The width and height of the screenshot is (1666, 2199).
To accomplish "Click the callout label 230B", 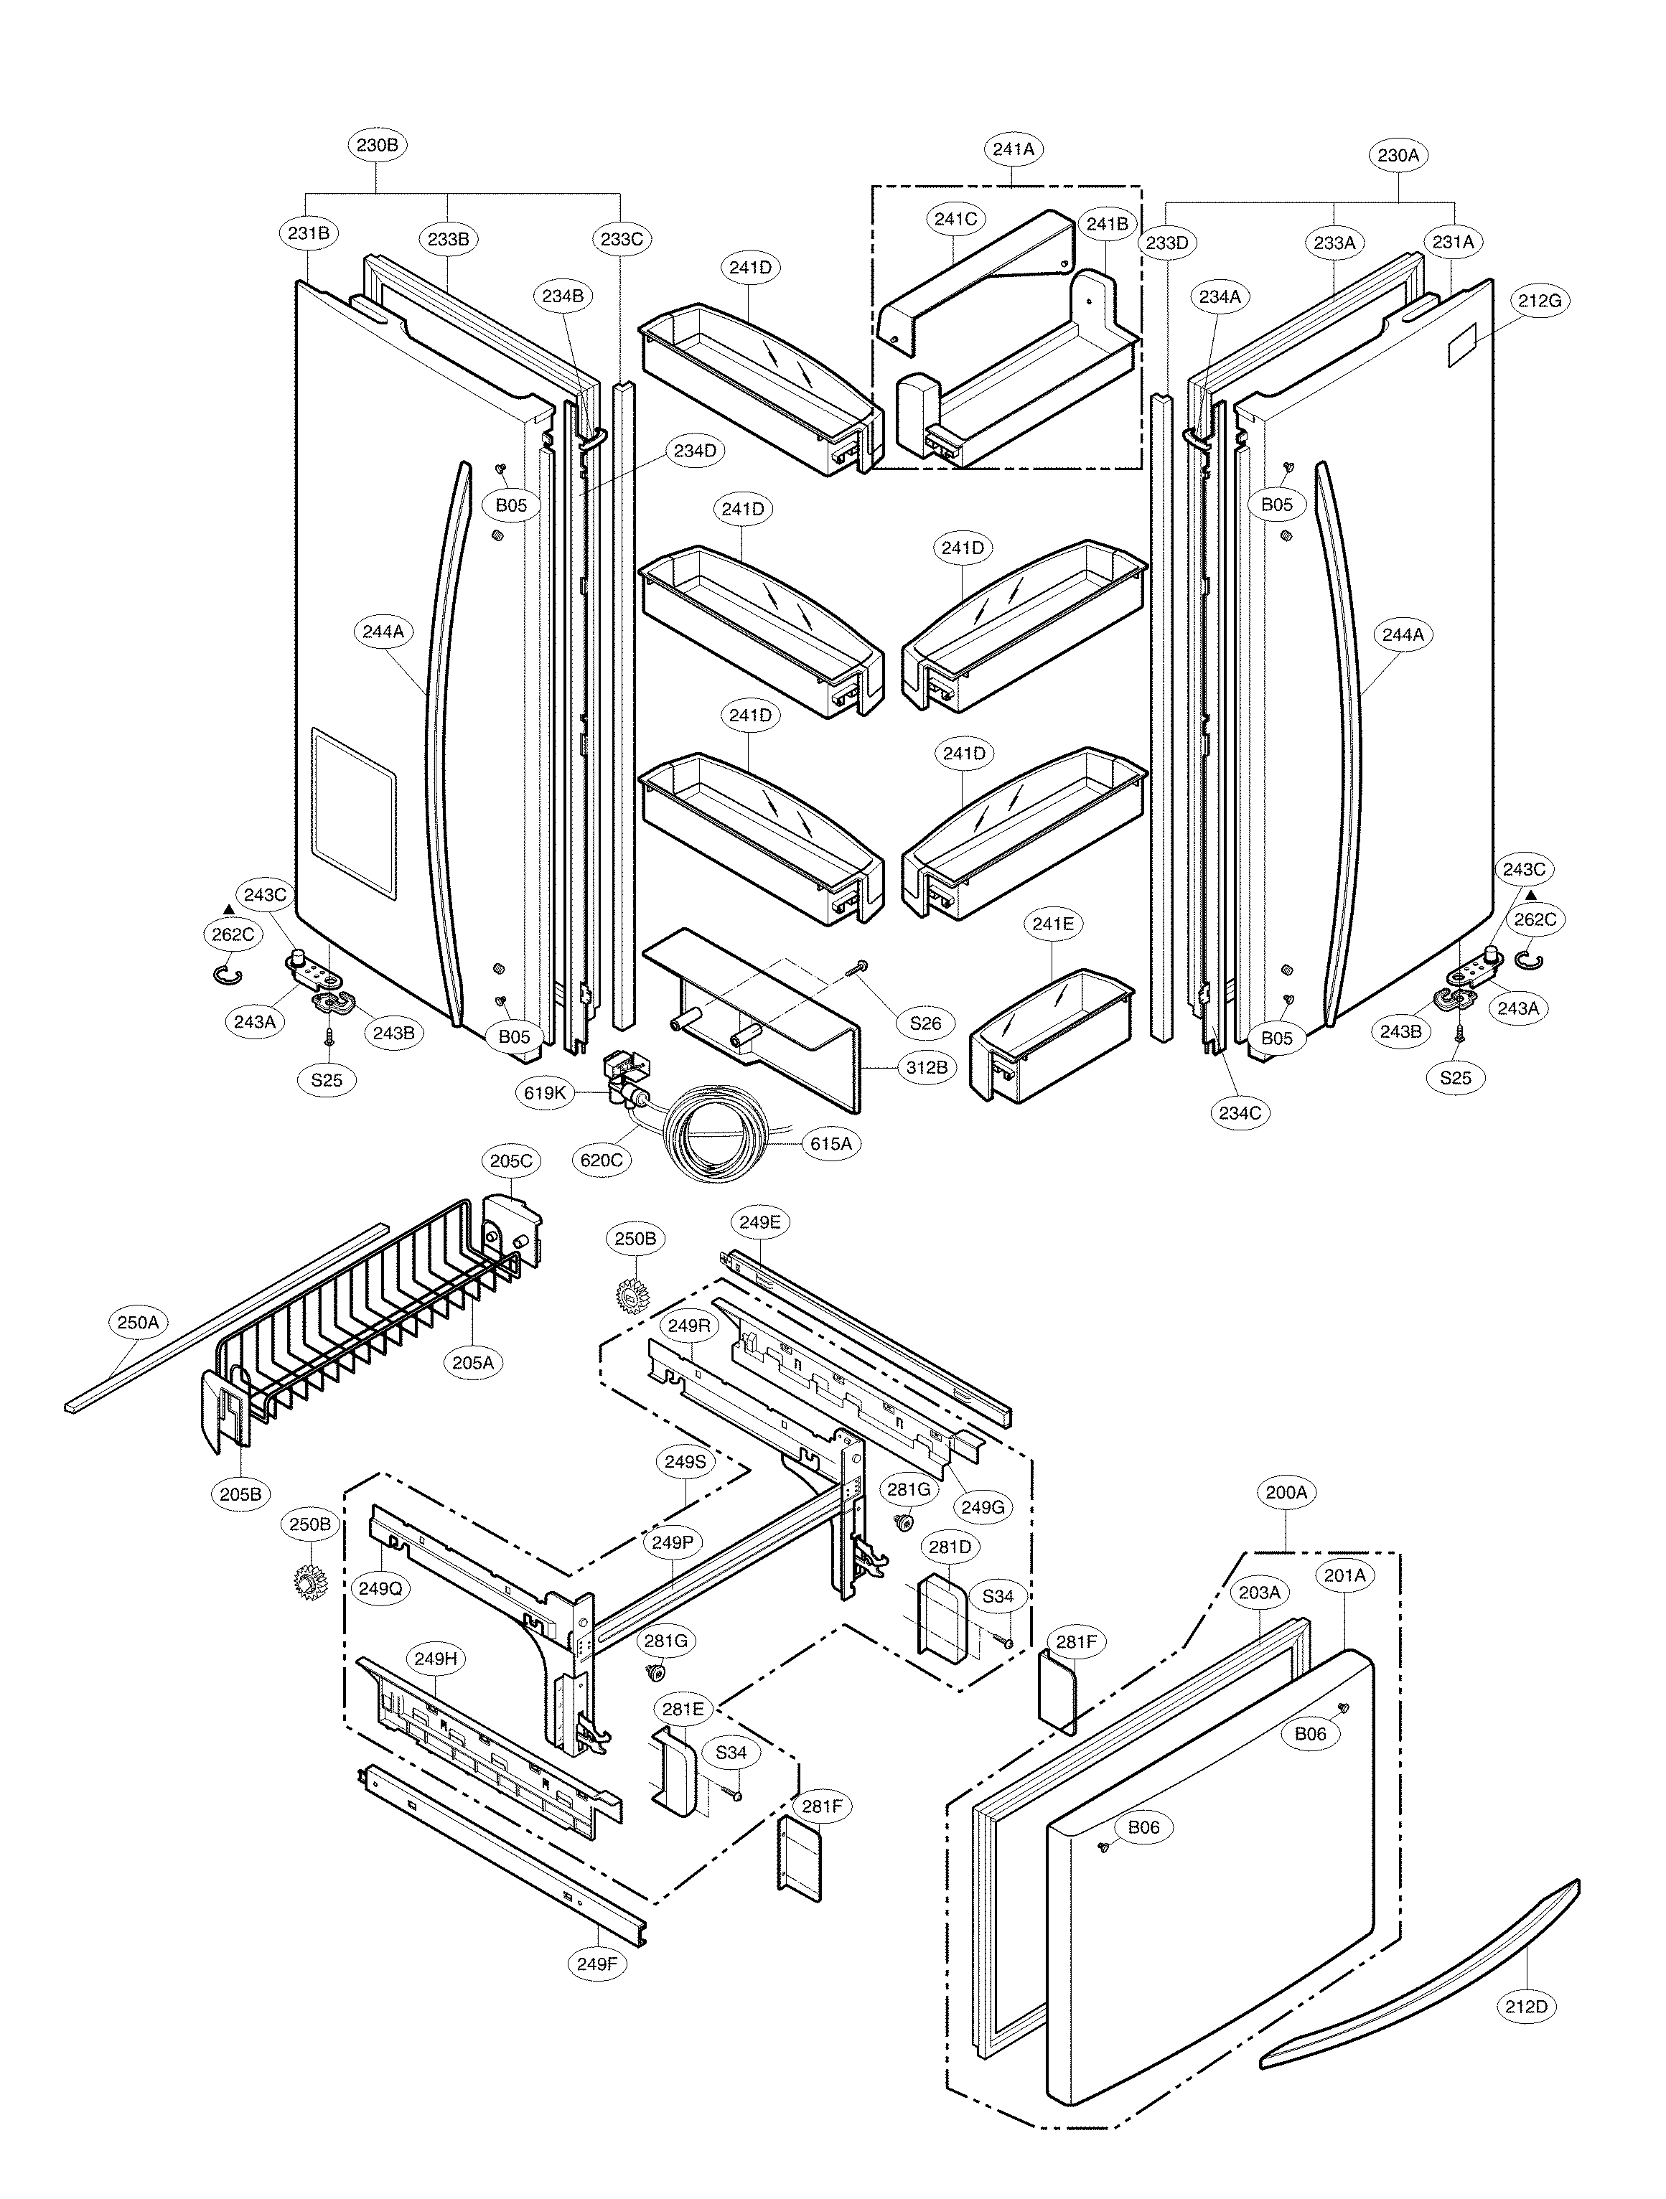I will tap(378, 145).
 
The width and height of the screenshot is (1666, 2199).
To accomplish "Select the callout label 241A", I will tap(1013, 149).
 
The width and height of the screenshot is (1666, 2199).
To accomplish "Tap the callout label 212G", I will tap(1540, 300).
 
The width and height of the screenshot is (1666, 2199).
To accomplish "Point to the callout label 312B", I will tap(925, 1068).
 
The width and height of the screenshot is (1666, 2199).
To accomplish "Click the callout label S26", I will tap(925, 1023).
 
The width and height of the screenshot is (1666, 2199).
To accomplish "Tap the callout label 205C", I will tap(511, 1161).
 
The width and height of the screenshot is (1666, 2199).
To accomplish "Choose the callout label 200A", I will tap(1286, 1520).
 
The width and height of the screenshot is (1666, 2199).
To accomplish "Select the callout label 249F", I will tap(596, 1964).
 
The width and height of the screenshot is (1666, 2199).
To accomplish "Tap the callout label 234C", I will tap(1240, 1113).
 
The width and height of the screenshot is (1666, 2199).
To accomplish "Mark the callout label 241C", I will tap(955, 220).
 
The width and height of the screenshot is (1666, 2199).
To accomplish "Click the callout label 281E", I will tap(683, 1709).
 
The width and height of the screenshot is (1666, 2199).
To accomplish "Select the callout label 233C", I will tap(622, 240).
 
